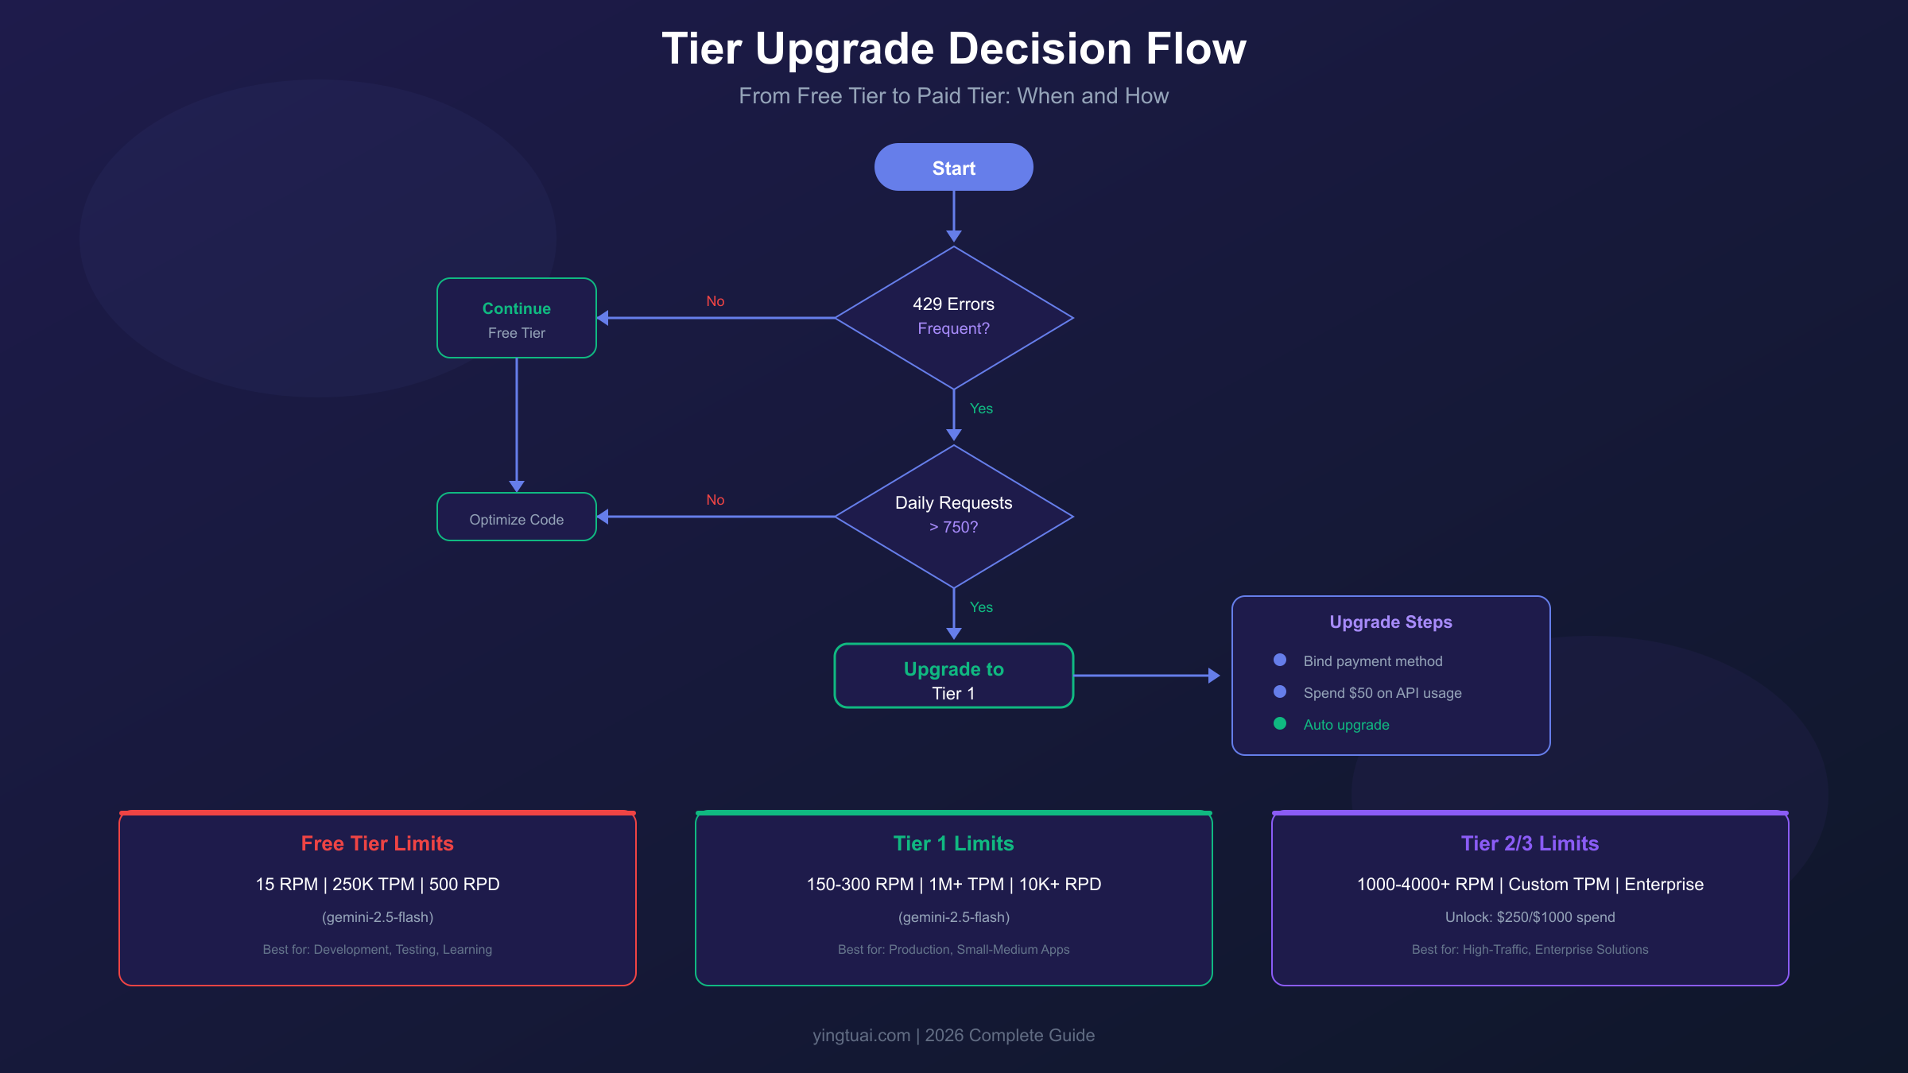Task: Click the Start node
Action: point(953,168)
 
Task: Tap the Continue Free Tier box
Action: point(516,318)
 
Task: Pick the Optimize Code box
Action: point(516,517)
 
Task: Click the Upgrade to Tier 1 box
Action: point(953,676)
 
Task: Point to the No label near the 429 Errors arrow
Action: point(715,301)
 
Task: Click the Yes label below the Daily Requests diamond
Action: point(981,607)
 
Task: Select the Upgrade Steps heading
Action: point(1390,622)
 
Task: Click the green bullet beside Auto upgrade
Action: point(1280,723)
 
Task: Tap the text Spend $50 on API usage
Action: point(1382,693)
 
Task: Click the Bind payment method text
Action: point(1372,661)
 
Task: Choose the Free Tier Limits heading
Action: point(377,843)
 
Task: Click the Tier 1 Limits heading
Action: point(953,843)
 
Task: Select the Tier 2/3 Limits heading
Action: point(1530,843)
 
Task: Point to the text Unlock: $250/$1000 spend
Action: point(1530,917)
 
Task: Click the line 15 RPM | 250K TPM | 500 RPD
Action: point(377,885)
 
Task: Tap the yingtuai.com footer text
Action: point(861,1036)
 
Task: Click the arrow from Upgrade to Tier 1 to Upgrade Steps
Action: point(1145,676)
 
